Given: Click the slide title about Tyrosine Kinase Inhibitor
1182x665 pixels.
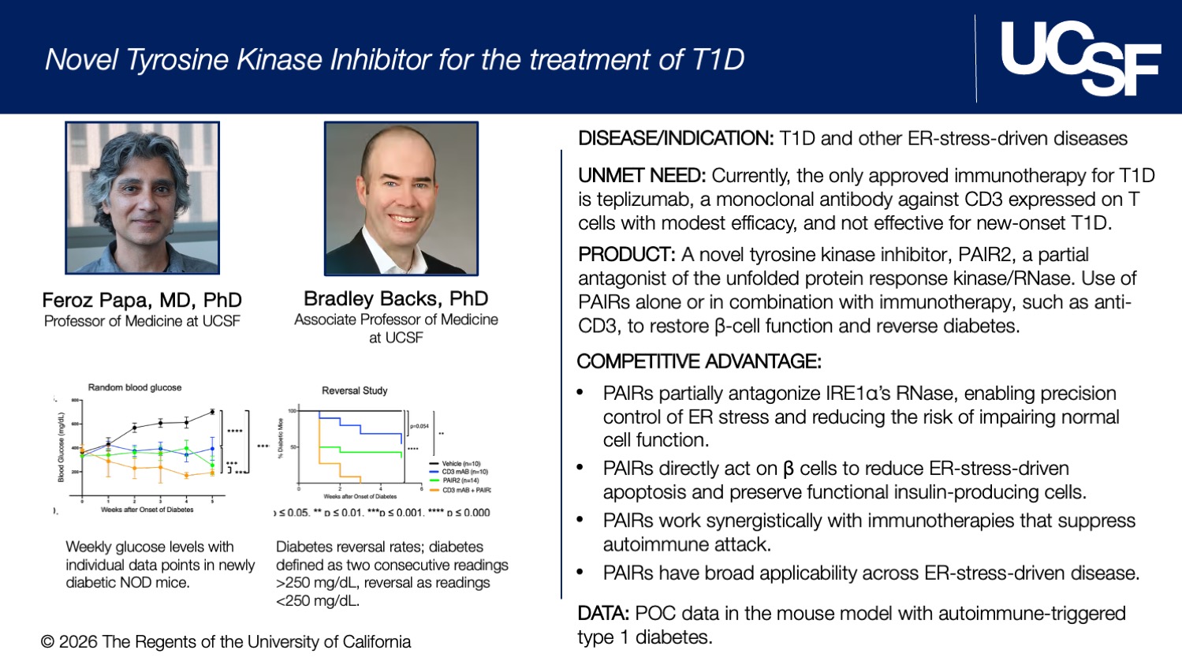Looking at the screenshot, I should [x=394, y=60].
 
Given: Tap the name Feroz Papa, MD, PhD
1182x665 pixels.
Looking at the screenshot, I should [x=142, y=301].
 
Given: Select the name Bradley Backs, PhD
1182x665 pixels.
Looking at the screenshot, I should [x=396, y=299].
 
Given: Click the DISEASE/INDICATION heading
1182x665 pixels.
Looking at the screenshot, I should [x=676, y=139].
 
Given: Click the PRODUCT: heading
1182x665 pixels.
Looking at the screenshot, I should [x=627, y=255].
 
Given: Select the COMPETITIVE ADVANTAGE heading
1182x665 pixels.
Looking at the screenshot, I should [x=699, y=361].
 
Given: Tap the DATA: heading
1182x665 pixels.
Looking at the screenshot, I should [x=603, y=614].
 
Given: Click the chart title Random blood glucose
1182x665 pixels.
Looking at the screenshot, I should [x=135, y=387].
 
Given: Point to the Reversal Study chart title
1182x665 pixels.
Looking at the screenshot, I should [x=354, y=390].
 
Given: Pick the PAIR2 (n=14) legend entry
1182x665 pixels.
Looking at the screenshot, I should [x=460, y=480].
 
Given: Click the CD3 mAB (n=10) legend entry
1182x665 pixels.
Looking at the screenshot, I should [x=464, y=472].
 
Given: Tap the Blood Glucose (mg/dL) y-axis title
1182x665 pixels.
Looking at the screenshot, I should [x=61, y=446].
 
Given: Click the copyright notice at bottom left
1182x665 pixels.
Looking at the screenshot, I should [x=226, y=642].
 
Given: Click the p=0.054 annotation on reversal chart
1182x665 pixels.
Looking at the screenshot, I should [x=419, y=426].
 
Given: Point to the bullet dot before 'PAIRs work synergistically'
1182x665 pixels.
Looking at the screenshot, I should [x=580, y=520].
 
